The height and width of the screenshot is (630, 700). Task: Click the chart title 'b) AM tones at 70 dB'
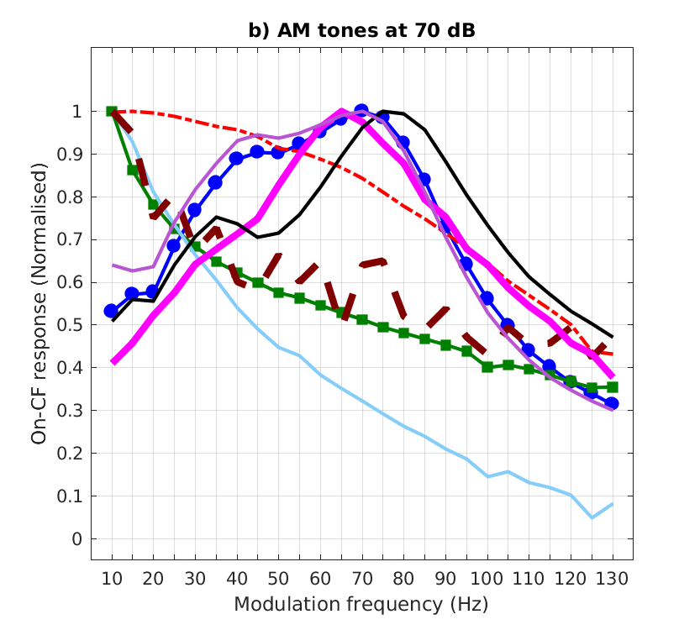pyautogui.click(x=361, y=31)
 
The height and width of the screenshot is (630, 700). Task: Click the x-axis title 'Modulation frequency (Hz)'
pyautogui.click(x=361, y=604)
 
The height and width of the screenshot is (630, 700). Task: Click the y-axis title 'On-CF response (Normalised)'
pyautogui.click(x=39, y=303)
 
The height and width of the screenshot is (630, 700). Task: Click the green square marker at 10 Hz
pyautogui.click(x=112, y=112)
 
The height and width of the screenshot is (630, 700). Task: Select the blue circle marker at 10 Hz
pyautogui.click(x=112, y=311)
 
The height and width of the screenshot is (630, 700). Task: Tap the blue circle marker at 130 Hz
pyautogui.click(x=612, y=403)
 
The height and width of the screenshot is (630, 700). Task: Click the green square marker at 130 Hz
pyautogui.click(x=612, y=387)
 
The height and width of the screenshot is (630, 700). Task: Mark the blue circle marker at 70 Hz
pyautogui.click(x=361, y=111)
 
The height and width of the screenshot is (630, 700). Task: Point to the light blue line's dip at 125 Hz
pyautogui.click(x=592, y=517)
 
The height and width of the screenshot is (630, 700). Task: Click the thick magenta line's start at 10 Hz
pyautogui.click(x=113, y=361)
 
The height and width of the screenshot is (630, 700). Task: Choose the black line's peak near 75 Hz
pyautogui.click(x=384, y=111)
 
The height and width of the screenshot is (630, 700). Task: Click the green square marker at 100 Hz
pyautogui.click(x=487, y=367)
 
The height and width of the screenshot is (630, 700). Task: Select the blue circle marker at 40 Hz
pyautogui.click(x=237, y=159)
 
